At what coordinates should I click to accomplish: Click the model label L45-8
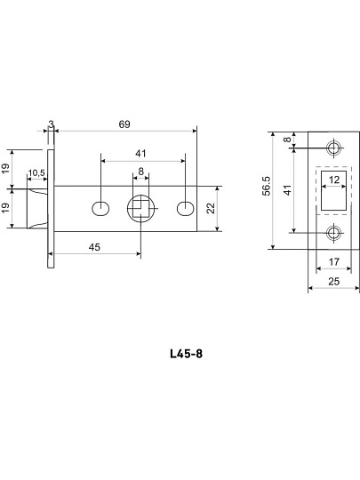[186, 354]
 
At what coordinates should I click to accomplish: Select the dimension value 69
[124, 124]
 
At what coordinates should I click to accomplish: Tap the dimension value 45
[94, 247]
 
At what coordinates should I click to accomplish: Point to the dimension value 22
[211, 209]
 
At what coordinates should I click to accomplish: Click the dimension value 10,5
[36, 173]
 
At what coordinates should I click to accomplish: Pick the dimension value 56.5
[267, 186]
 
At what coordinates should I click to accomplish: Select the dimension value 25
[333, 281]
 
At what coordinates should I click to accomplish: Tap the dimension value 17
[334, 261]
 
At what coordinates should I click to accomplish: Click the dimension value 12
[334, 180]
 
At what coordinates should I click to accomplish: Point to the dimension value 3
[51, 124]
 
